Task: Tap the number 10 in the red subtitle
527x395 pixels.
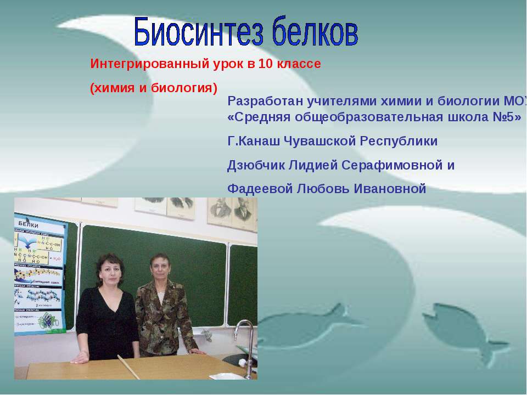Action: point(265,64)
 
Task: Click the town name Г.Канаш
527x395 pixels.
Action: point(253,141)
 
